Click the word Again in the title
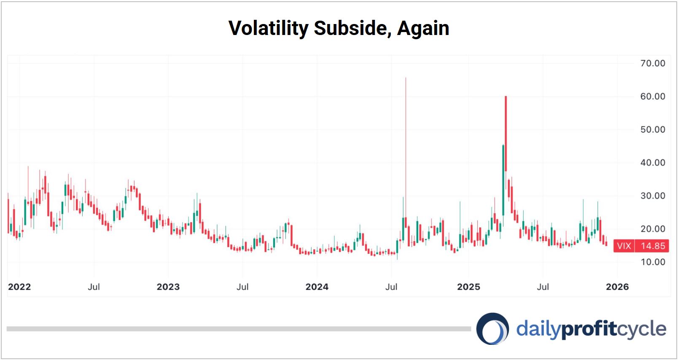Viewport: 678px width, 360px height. point(423,28)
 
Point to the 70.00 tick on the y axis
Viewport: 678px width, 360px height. point(652,63)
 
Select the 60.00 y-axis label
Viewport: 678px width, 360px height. point(652,97)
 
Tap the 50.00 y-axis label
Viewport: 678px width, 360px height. point(652,129)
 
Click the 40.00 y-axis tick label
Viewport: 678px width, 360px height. point(652,163)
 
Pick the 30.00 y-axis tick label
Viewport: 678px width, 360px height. point(652,196)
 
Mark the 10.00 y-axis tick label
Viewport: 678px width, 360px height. point(652,262)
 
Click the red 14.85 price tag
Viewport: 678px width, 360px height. point(652,246)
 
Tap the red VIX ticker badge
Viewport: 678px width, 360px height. point(624,246)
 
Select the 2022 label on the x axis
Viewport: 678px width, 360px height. point(19,287)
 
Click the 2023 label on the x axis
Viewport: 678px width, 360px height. point(168,287)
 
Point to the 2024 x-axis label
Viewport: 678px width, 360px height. point(317,287)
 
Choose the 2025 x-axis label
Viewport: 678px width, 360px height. point(468,287)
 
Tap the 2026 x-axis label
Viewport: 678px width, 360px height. point(617,287)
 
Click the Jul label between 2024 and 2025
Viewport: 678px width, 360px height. point(391,287)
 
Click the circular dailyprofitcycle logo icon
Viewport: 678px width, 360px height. point(492,329)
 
